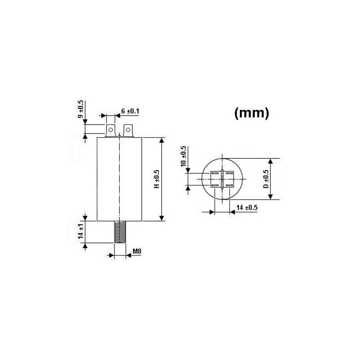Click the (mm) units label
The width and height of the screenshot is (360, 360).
[252, 113]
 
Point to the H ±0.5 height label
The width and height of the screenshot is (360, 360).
[156, 179]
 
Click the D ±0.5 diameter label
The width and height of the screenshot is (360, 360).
[266, 179]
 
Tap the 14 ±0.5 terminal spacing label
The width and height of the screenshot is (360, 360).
[246, 207]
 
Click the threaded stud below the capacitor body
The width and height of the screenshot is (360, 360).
[120, 232]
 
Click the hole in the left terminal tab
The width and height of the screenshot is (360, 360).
[110, 130]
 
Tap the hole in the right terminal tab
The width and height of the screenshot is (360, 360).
[129, 130]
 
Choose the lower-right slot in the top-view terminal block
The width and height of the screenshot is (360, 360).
[229, 184]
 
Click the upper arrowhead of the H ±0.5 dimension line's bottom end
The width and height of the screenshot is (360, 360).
[162, 218]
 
